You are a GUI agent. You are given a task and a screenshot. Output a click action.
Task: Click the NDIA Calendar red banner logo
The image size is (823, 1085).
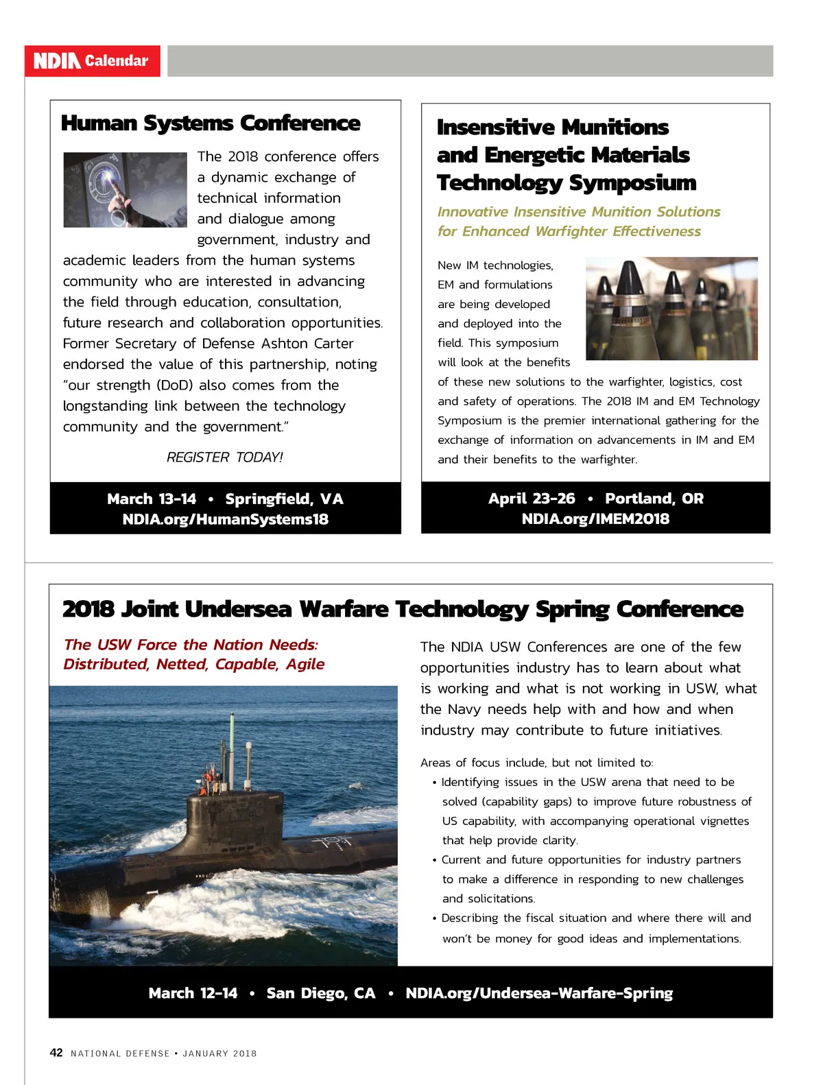(x=92, y=61)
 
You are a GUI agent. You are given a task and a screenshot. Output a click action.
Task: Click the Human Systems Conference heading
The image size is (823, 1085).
(x=211, y=123)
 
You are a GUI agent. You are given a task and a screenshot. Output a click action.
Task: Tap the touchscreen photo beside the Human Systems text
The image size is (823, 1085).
(x=125, y=189)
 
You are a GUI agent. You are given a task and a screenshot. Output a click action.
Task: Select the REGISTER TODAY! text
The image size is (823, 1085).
(x=224, y=457)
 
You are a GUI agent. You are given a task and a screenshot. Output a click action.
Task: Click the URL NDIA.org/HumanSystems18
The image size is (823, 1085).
(x=225, y=520)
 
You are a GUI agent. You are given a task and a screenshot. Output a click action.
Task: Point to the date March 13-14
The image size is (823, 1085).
(x=152, y=499)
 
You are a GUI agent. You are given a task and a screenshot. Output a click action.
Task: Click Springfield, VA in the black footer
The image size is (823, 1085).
(x=284, y=499)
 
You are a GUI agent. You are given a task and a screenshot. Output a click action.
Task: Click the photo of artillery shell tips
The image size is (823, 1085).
(x=671, y=308)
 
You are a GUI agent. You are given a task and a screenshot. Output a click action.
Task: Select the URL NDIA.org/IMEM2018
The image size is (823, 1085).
(x=595, y=519)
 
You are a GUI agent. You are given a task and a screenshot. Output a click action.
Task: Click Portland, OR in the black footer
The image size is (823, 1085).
(x=654, y=499)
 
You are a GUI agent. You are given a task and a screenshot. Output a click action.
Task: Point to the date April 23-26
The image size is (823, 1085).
(x=532, y=499)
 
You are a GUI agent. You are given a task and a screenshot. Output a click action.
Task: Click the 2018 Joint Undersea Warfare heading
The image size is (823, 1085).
(x=403, y=609)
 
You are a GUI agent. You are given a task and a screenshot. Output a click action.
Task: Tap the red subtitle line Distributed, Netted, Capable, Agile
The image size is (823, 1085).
(x=193, y=665)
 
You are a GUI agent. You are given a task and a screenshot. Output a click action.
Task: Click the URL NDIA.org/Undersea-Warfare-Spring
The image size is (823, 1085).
(x=539, y=993)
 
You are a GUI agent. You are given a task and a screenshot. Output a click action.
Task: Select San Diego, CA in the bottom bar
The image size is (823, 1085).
(x=321, y=993)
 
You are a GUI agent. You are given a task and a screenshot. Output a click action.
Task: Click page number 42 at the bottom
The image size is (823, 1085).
(x=56, y=1053)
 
